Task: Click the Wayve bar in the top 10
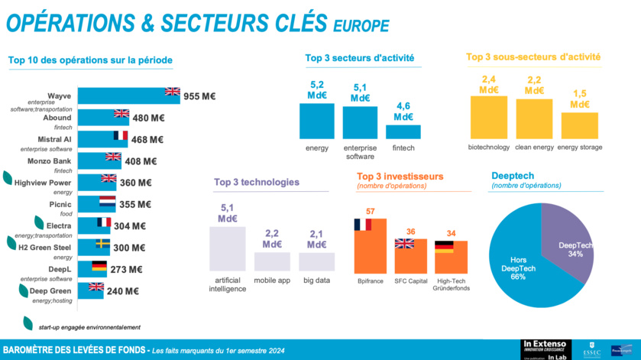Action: click(x=122, y=96)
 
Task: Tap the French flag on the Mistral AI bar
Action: click(x=121, y=135)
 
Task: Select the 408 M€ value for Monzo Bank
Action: click(x=141, y=161)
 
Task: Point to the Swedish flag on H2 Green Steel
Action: click(x=102, y=244)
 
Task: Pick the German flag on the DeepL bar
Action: click(x=99, y=266)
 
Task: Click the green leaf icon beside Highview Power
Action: click(x=8, y=178)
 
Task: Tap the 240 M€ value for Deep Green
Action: click(x=123, y=291)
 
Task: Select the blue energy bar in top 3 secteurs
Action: click(x=316, y=121)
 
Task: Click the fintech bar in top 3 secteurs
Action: click(x=403, y=131)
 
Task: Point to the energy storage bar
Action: click(x=579, y=125)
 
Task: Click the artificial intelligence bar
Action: click(x=228, y=248)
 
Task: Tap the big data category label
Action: click(x=316, y=281)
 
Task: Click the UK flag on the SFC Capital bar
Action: click(x=404, y=243)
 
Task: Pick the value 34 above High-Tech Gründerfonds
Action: click(x=451, y=233)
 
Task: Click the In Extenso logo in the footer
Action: click(x=546, y=345)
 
